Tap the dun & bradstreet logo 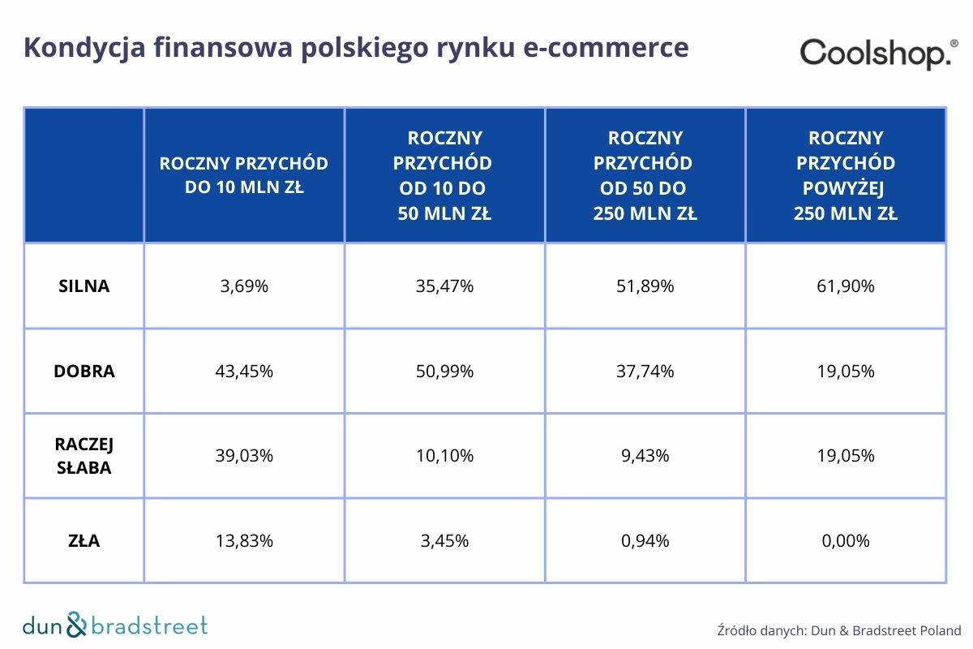(114, 625)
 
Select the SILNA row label (84, 286)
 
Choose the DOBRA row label (84, 372)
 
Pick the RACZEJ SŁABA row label (84, 456)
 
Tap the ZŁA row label (84, 540)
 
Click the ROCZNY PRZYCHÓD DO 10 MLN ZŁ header (244, 175)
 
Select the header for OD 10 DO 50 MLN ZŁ (444, 175)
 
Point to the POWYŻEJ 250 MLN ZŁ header (846, 175)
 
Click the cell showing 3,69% (244, 286)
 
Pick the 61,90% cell (846, 286)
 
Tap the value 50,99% (444, 372)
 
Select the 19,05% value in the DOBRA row (846, 372)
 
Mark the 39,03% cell (244, 456)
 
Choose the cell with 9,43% (645, 456)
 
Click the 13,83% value (244, 540)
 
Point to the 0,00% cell (846, 540)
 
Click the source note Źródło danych (838, 630)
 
